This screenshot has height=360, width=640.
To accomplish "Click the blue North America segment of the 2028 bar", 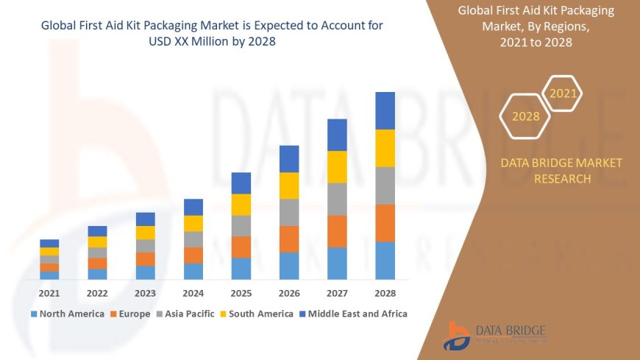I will coord(385,261).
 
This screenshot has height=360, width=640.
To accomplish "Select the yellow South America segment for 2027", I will coord(337,166).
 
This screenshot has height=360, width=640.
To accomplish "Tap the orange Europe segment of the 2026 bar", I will coord(289,239).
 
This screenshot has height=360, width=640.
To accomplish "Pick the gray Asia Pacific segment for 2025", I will coord(241,225).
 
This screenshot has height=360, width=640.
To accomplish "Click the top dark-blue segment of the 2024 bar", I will coord(193,207).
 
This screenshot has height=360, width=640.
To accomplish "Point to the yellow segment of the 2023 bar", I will coord(146,233).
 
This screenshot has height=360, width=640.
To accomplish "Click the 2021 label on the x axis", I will coord(49,293).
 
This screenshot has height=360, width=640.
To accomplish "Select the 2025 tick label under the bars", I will coord(241,293).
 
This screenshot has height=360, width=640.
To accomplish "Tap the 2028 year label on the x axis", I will coord(385,293).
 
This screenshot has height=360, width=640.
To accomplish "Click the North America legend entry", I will coord(67,314).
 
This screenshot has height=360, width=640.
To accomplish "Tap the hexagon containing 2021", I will coord(563,93).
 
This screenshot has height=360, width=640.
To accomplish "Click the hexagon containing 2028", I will coord(526,116).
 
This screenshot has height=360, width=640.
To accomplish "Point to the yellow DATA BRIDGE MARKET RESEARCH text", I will coord(561,171).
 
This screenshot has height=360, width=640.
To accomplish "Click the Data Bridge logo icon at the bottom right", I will coord(456,336).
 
